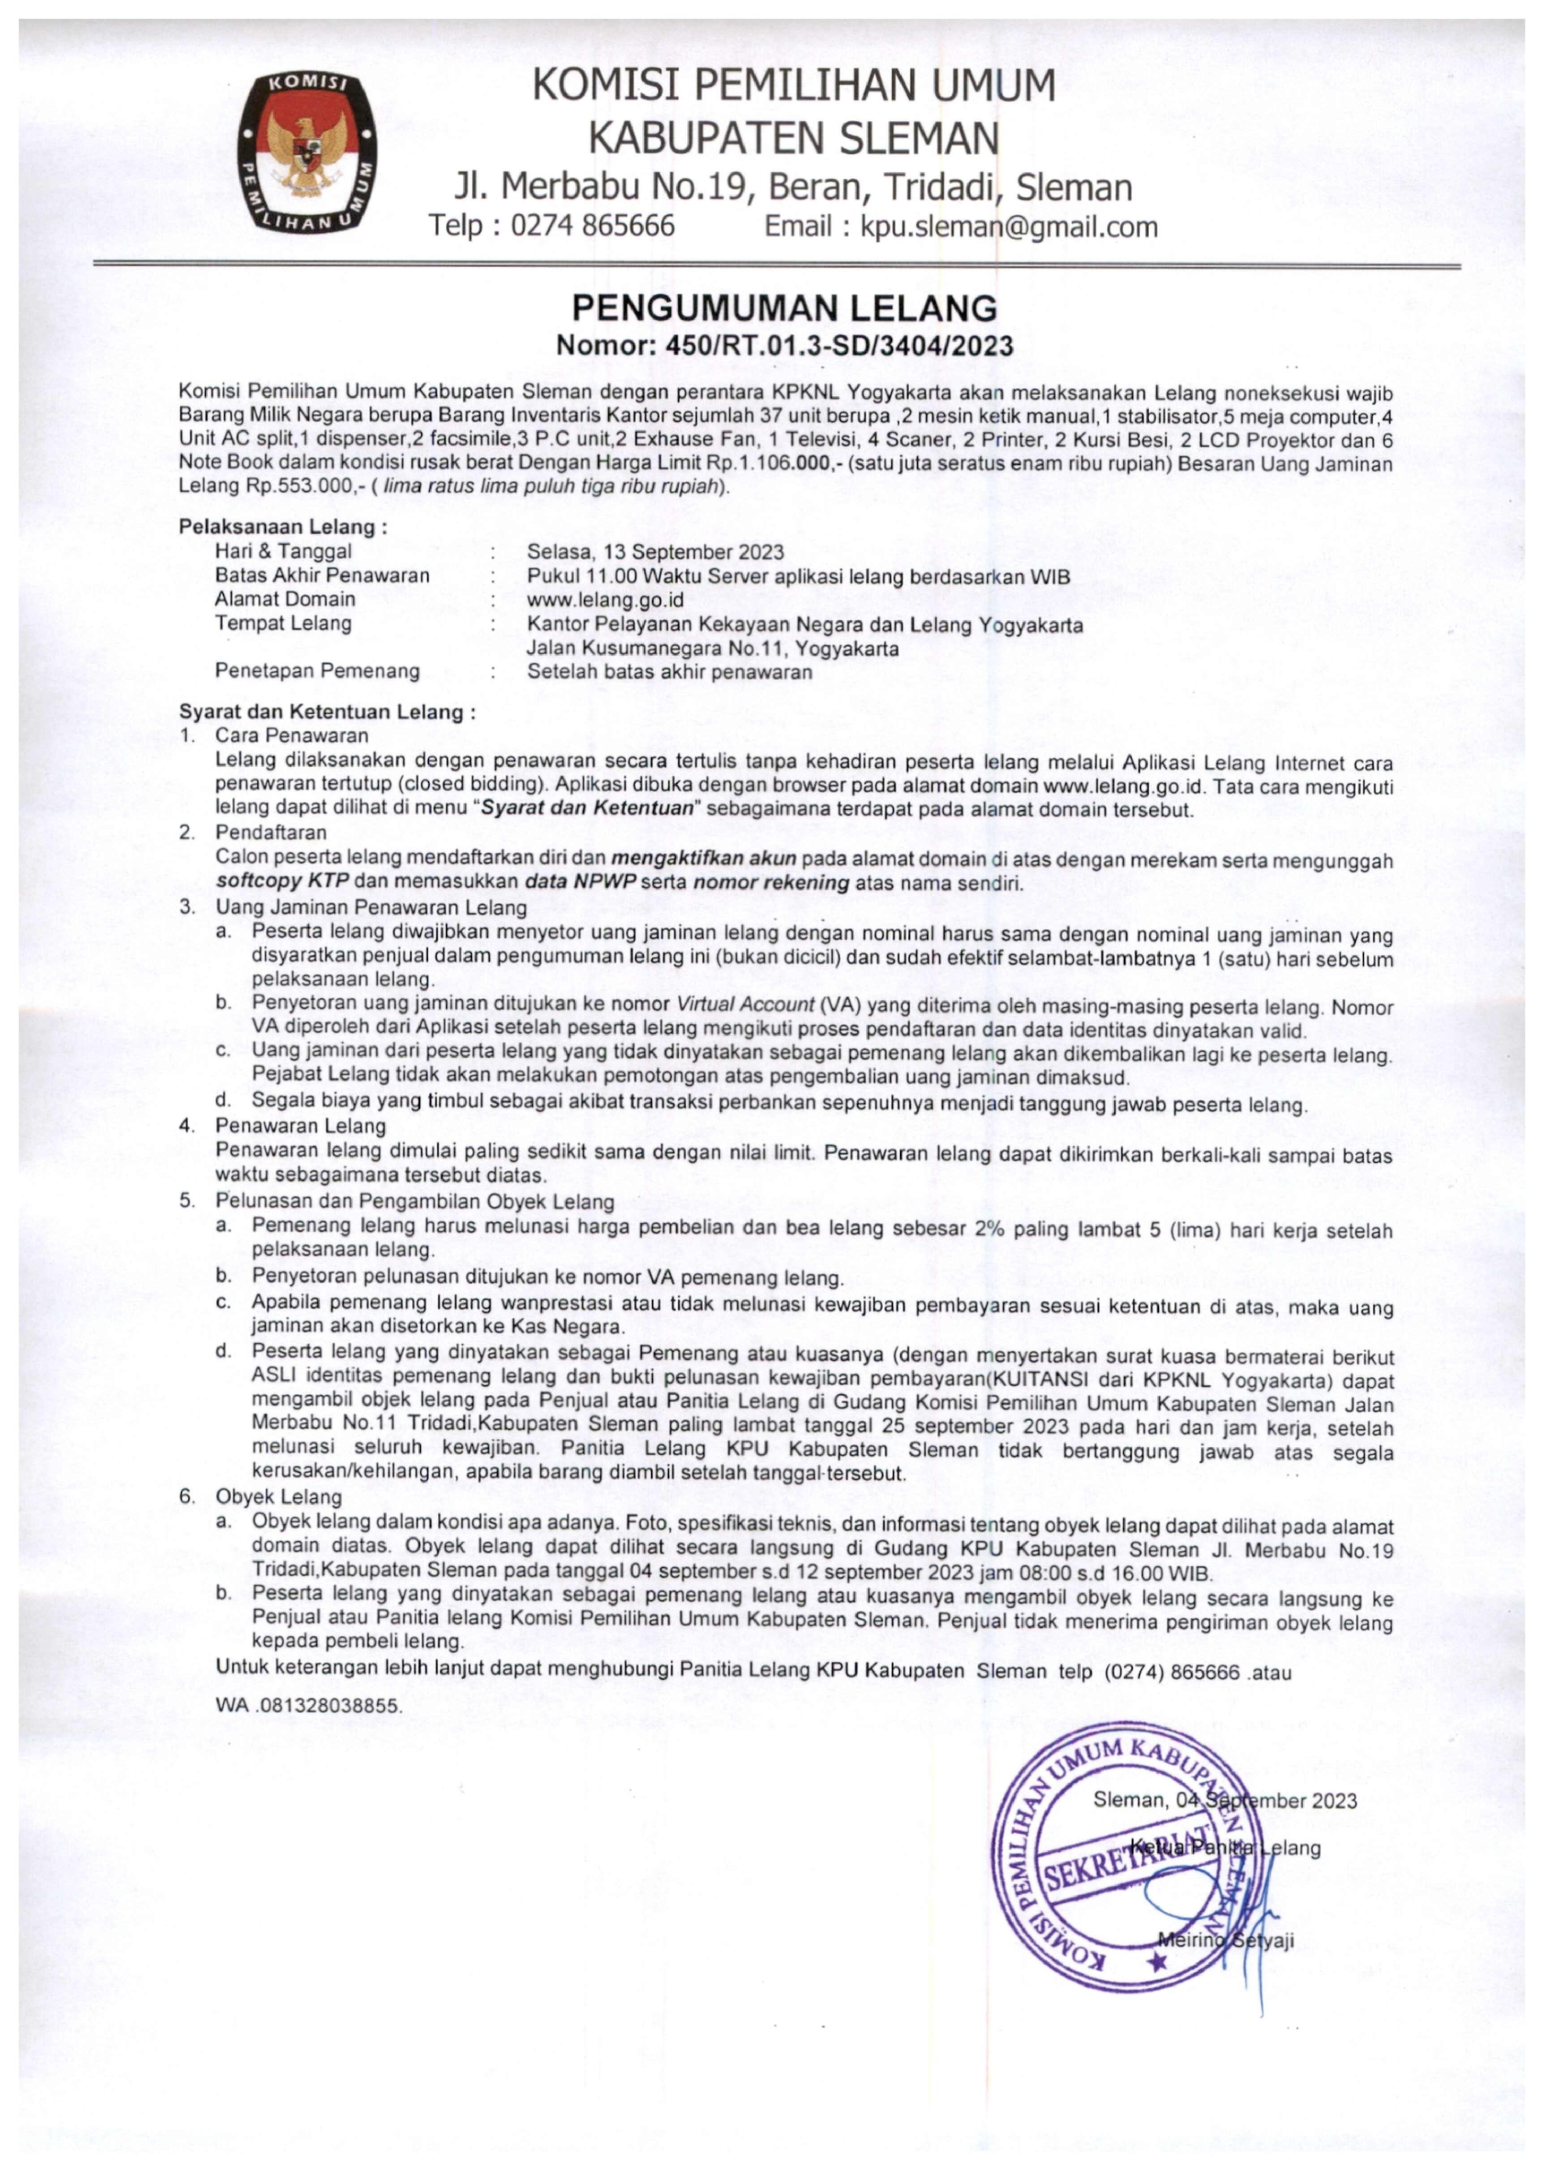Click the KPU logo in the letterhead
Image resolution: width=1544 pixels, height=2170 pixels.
tap(305, 152)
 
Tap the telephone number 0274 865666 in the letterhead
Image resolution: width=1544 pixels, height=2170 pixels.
tap(592, 227)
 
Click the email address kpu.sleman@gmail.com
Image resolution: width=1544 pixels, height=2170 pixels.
tap(1008, 227)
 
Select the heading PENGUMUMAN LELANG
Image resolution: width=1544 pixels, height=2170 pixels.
tap(785, 308)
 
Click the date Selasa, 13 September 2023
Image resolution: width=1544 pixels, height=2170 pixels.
tap(655, 552)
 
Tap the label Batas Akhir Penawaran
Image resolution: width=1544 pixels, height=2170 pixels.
tap(322, 575)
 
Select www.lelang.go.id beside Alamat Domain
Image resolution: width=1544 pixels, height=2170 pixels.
tap(605, 600)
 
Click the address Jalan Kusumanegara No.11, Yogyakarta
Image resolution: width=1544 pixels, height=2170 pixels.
tap(712, 650)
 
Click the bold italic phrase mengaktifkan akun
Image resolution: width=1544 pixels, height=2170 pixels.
tap(704, 858)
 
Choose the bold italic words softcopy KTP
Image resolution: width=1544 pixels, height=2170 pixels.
tap(282, 883)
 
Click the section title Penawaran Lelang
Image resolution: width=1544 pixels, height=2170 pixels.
tap(300, 1126)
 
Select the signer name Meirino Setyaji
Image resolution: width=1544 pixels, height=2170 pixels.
tap(1225, 1941)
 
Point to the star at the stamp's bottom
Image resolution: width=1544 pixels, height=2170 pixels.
tap(1156, 1961)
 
